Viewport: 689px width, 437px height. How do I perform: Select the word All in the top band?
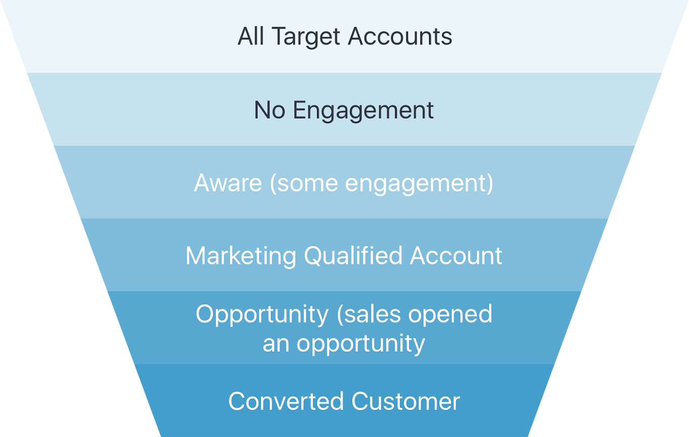(251, 37)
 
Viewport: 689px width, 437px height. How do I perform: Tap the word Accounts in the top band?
(400, 37)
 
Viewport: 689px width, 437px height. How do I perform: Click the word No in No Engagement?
(270, 110)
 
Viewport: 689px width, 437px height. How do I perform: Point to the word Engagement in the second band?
(363, 111)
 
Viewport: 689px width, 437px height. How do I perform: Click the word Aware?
(228, 183)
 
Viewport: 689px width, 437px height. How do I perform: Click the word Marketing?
(241, 256)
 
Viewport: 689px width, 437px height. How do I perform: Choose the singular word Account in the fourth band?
(456, 256)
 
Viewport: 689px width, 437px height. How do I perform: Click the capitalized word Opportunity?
(262, 314)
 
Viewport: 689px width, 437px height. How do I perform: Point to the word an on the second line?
(276, 344)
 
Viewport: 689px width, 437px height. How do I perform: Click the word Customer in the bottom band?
(405, 402)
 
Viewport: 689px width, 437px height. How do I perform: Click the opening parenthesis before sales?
(340, 314)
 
